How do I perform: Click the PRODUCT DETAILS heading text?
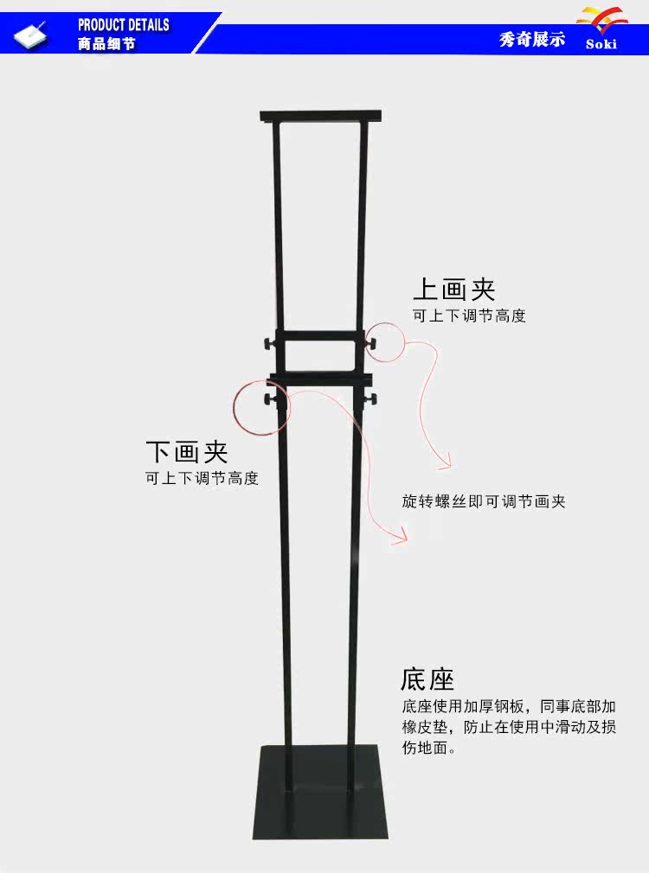[x=123, y=25]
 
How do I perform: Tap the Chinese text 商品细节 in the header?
[x=106, y=44]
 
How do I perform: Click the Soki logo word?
[x=601, y=44]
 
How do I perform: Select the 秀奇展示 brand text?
[x=532, y=40]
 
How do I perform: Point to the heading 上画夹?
[x=453, y=289]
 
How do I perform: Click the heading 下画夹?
[x=186, y=450]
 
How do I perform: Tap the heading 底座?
[x=427, y=679]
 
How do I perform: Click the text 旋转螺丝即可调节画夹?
[x=484, y=501]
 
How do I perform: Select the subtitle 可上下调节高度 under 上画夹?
[x=469, y=316]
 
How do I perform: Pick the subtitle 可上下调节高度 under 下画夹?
[x=202, y=478]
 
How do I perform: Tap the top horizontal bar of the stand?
[x=321, y=114]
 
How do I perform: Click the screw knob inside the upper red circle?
[x=374, y=344]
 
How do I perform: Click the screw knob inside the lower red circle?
[x=265, y=399]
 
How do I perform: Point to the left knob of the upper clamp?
[x=264, y=345]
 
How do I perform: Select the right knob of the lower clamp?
[x=374, y=398]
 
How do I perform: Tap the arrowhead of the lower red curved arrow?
[x=402, y=539]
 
